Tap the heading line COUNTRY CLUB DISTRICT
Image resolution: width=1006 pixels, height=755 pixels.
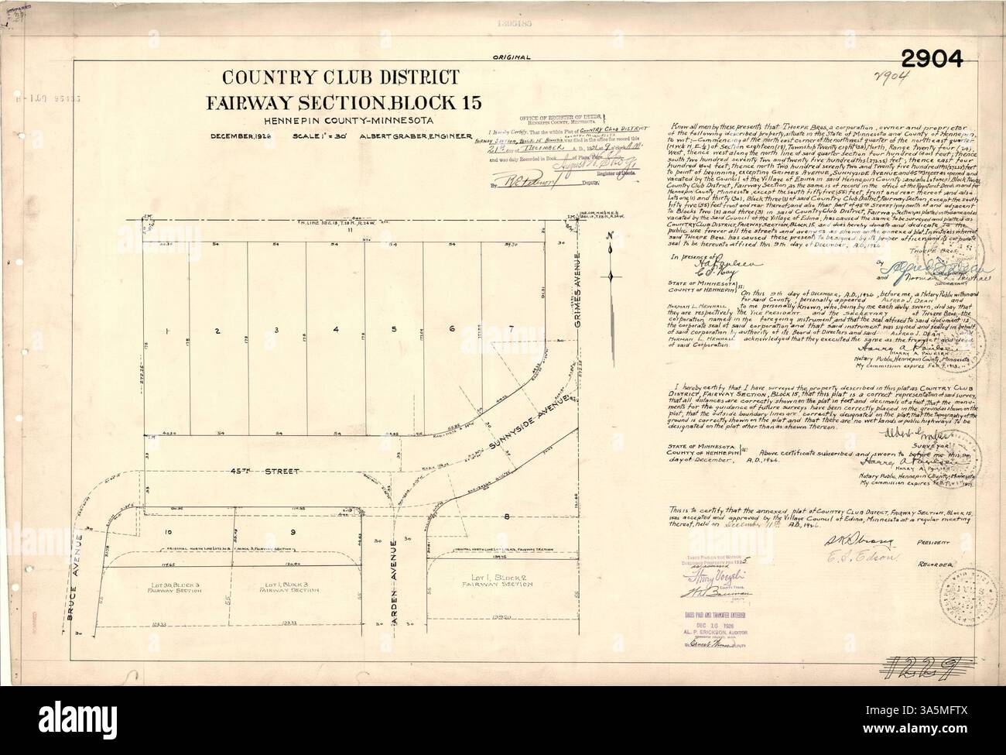342,77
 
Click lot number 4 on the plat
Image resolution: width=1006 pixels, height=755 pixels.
335,331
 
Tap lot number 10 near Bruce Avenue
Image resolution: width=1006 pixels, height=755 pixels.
166,533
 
